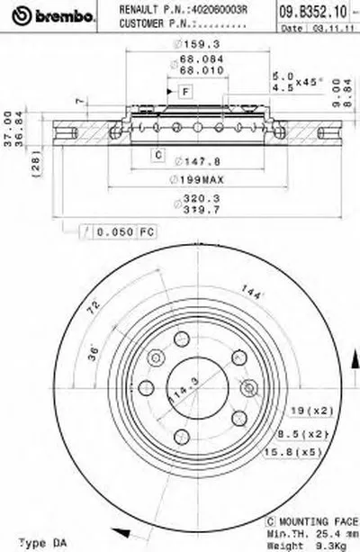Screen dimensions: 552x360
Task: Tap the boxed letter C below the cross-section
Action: coord(157,155)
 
